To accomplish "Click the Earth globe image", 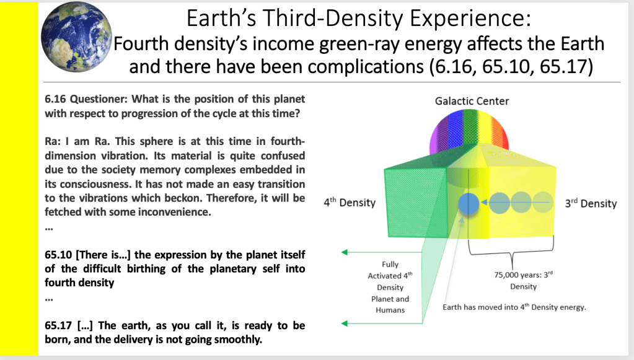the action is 76,37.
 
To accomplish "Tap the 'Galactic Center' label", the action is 472,101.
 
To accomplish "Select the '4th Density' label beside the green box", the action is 350,202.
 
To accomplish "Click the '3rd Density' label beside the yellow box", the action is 591,203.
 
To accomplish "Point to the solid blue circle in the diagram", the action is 469,203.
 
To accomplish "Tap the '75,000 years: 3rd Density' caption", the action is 523,281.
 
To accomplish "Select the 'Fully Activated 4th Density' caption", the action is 390,287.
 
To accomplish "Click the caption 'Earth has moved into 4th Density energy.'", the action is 514,307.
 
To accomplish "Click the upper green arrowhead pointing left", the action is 345,253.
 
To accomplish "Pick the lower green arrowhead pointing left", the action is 345,323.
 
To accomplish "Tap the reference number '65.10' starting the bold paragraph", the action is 58,255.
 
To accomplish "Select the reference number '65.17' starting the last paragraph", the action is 58,326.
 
